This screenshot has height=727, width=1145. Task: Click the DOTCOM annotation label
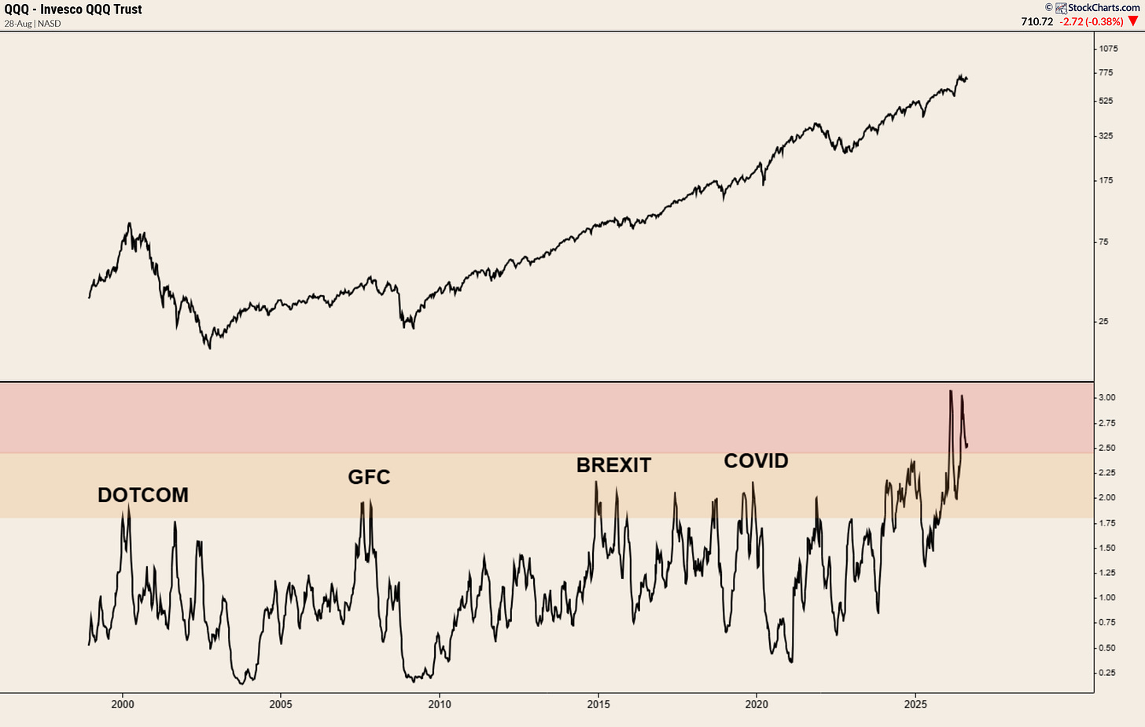pyautogui.click(x=143, y=495)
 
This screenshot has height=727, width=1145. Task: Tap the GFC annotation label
pyautogui.click(x=369, y=477)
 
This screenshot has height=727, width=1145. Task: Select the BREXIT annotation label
pyautogui.click(x=613, y=465)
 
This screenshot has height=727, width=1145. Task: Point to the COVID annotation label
pyautogui.click(x=756, y=461)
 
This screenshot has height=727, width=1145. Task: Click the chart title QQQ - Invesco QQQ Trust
pyautogui.click(x=73, y=9)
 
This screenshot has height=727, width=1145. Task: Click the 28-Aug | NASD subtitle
pyautogui.click(x=33, y=24)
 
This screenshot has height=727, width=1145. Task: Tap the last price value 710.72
pyautogui.click(x=1037, y=21)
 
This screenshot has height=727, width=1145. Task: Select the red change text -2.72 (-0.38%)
pyautogui.click(x=1092, y=21)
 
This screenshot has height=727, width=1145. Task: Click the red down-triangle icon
pyautogui.click(x=1133, y=21)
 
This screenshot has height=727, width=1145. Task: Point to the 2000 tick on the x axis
pyautogui.click(x=123, y=704)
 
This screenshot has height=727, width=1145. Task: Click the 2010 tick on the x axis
pyautogui.click(x=440, y=704)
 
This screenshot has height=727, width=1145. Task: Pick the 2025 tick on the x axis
pyautogui.click(x=915, y=704)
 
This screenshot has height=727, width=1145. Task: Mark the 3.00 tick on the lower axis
pyautogui.click(x=1106, y=397)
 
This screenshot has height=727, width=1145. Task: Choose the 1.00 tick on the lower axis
pyautogui.click(x=1106, y=597)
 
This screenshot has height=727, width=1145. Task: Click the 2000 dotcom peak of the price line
pyautogui.click(x=129, y=223)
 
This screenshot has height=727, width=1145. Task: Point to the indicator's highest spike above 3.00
pyautogui.click(x=951, y=391)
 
